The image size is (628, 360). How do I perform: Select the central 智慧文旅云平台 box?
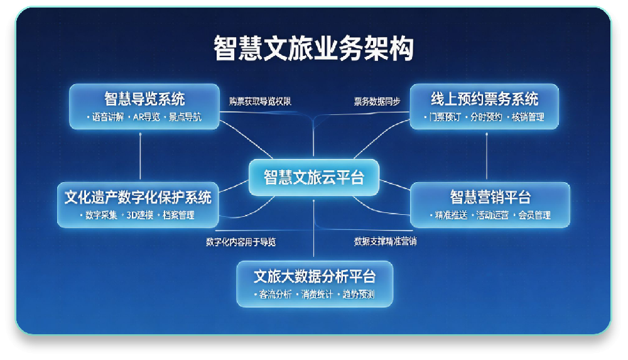pos(313,177)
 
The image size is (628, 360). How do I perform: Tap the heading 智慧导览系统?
pos(144,99)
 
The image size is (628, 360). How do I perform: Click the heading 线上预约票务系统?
pos(484,99)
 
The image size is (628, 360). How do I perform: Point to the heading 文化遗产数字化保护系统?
pos(138,197)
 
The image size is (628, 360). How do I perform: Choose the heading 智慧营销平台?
pos(490,197)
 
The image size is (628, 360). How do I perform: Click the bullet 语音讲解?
pos(107,117)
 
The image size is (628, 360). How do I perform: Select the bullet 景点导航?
pos(185,117)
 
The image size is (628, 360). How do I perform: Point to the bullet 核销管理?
pos(528,117)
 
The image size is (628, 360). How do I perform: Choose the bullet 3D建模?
pos(139,215)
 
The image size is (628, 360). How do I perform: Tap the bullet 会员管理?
pos(534,215)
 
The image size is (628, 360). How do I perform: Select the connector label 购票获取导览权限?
pos(260,101)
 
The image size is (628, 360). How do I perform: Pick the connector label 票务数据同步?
pos(377,101)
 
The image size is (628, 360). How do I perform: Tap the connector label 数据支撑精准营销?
pos(385,241)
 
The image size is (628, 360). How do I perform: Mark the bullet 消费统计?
pos(317,295)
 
